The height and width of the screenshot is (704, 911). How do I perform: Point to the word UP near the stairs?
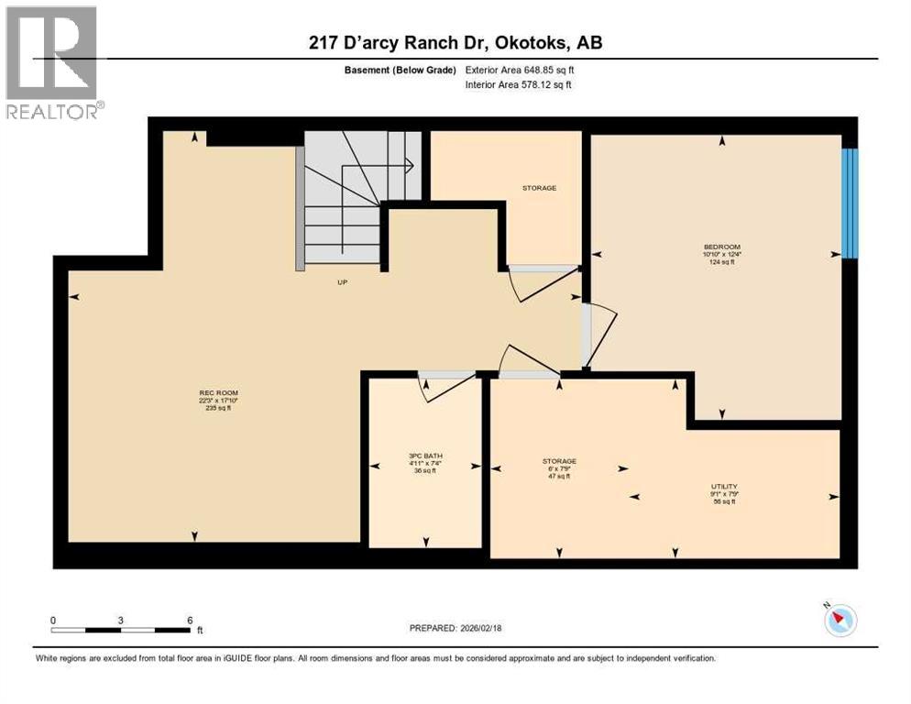[x=342, y=282]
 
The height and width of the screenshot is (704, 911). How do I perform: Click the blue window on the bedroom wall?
[x=850, y=203]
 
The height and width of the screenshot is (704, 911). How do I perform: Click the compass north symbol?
[x=839, y=621]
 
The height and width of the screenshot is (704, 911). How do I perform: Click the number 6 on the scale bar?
[x=190, y=620]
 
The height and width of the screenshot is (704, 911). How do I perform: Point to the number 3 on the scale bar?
[x=121, y=620]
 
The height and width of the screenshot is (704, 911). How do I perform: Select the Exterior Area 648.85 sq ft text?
[x=520, y=70]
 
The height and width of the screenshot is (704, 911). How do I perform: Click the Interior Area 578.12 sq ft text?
[x=519, y=85]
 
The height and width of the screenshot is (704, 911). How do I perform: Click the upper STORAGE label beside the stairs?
[x=539, y=188]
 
